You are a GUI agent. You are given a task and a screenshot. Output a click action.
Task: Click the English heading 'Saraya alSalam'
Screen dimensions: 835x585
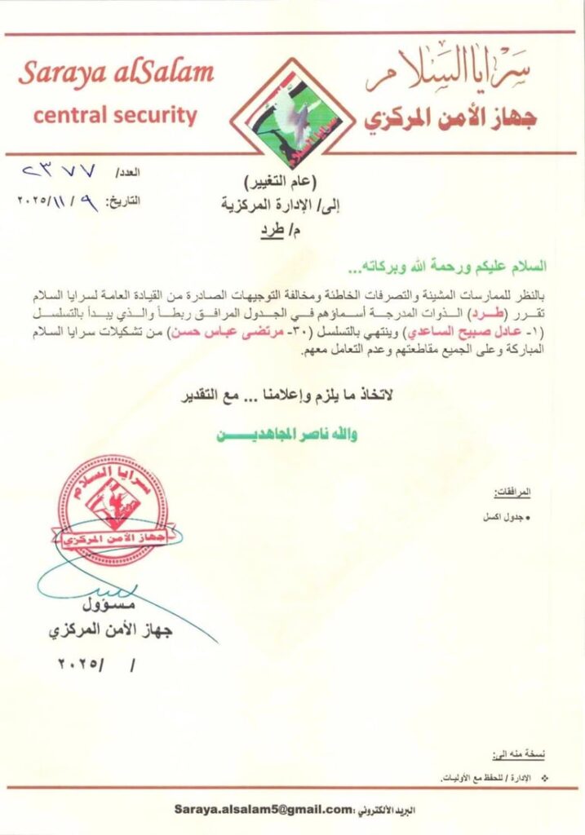tap(116, 73)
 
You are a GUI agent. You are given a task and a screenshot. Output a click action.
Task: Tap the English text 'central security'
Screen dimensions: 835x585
tap(116, 115)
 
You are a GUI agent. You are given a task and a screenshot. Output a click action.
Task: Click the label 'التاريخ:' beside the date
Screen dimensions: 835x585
tap(122, 198)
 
